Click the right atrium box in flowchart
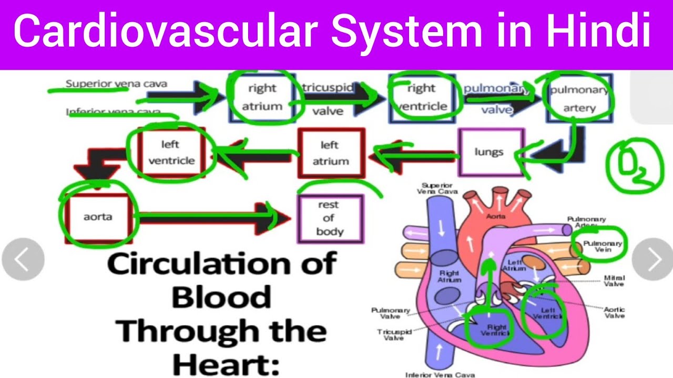[x=262, y=98]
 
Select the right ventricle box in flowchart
[x=421, y=98]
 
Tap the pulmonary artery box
[x=579, y=99]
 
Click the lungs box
[x=490, y=152]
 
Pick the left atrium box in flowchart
[x=330, y=153]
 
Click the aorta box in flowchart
[x=98, y=217]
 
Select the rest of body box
[x=330, y=218]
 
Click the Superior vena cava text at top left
[x=116, y=84]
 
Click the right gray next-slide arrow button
[x=652, y=259]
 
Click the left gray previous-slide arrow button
[x=23, y=259]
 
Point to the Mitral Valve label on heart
[x=614, y=280]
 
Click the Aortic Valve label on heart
[x=614, y=312]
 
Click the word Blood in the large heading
[x=221, y=298]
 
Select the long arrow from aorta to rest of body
[x=210, y=217]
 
